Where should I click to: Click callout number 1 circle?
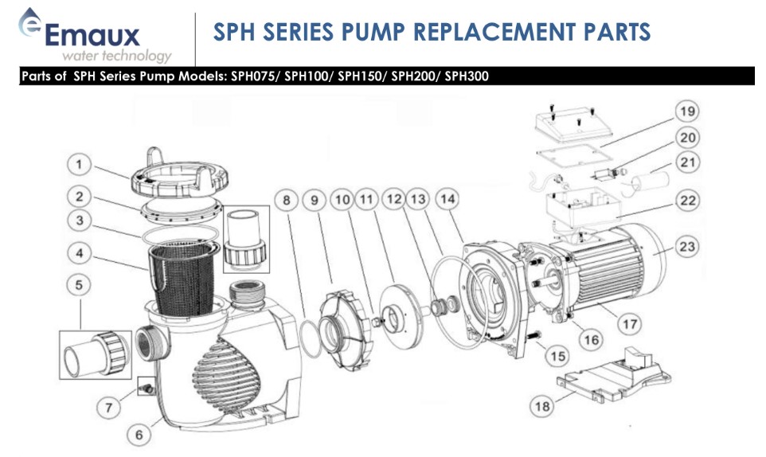[79, 165]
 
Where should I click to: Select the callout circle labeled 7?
[111, 407]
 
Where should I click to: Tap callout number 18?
[542, 406]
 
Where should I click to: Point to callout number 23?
[686, 247]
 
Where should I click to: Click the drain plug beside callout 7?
[145, 387]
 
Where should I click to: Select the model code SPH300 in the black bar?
[467, 77]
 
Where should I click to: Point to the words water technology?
[116, 56]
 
